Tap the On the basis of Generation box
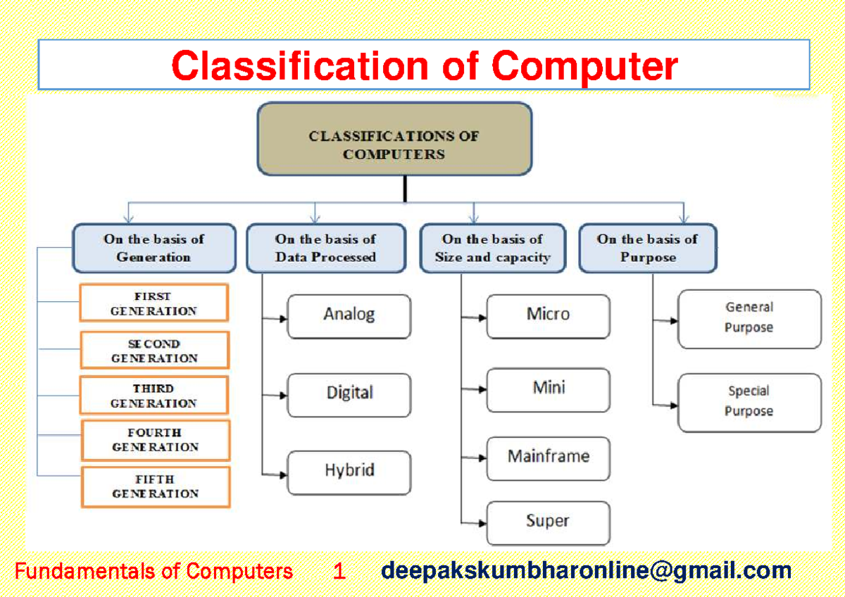point(154,249)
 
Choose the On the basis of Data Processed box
point(325,249)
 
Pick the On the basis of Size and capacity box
point(492,249)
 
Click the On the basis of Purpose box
point(647,249)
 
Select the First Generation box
point(154,303)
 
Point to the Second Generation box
point(154,351)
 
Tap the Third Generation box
point(154,396)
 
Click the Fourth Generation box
point(155,440)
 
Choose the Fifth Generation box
point(155,486)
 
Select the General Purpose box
point(749,318)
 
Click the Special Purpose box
point(749,402)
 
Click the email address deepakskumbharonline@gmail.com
point(586,571)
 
